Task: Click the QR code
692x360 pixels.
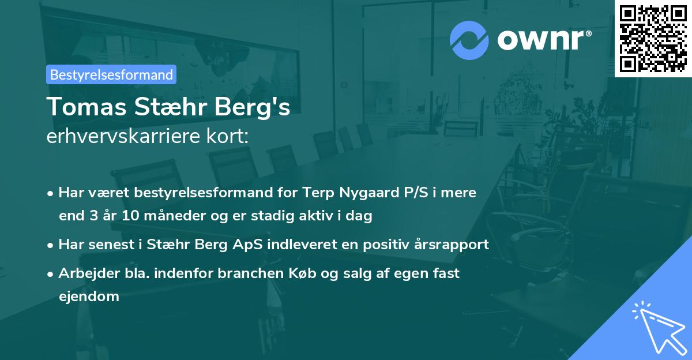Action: pyautogui.click(x=653, y=39)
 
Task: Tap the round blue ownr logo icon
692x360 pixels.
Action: pyautogui.click(x=469, y=40)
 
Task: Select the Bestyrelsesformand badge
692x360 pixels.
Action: pyautogui.click(x=111, y=74)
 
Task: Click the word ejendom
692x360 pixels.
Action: pyautogui.click(x=89, y=297)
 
